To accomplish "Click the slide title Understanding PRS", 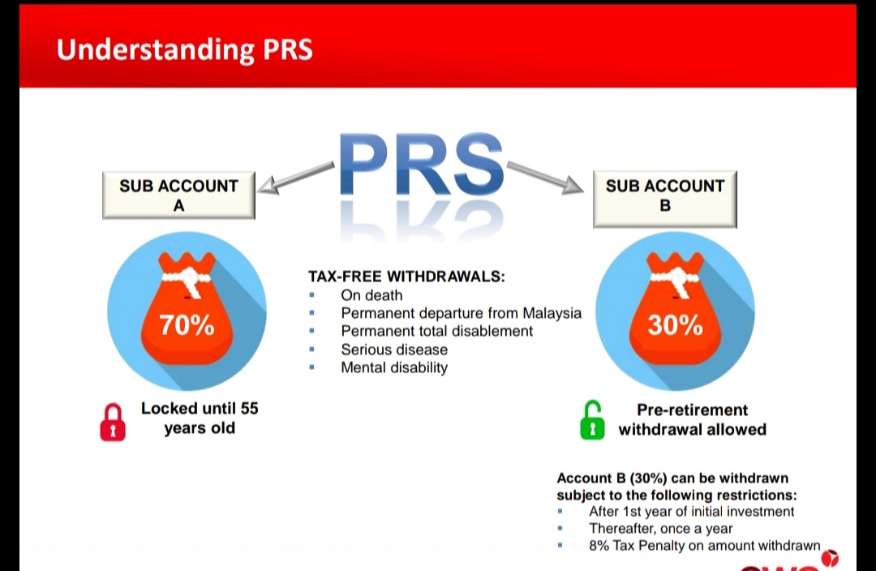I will pyautogui.click(x=184, y=49).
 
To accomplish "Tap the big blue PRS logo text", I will pyautogui.click(x=419, y=165).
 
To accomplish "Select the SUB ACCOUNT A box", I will pyautogui.click(x=178, y=195).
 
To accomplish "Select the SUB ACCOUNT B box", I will pyautogui.click(x=664, y=195).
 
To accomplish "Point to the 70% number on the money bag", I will pyautogui.click(x=187, y=325).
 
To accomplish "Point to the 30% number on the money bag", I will pyautogui.click(x=675, y=325).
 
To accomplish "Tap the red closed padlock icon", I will pyautogui.click(x=113, y=423).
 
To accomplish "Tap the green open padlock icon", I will pyautogui.click(x=593, y=420).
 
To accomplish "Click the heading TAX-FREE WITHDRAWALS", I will pyautogui.click(x=406, y=277).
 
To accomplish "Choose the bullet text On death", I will pyautogui.click(x=371, y=295).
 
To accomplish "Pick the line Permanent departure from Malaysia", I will pyautogui.click(x=461, y=313).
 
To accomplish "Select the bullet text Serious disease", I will pyautogui.click(x=394, y=350).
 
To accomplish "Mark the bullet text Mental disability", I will pyautogui.click(x=394, y=367).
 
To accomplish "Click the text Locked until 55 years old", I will pyautogui.click(x=200, y=418).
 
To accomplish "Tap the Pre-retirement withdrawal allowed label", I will pyautogui.click(x=692, y=419).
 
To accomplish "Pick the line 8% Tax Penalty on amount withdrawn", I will pyautogui.click(x=704, y=546).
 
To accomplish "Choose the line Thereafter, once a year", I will pyautogui.click(x=660, y=529).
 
